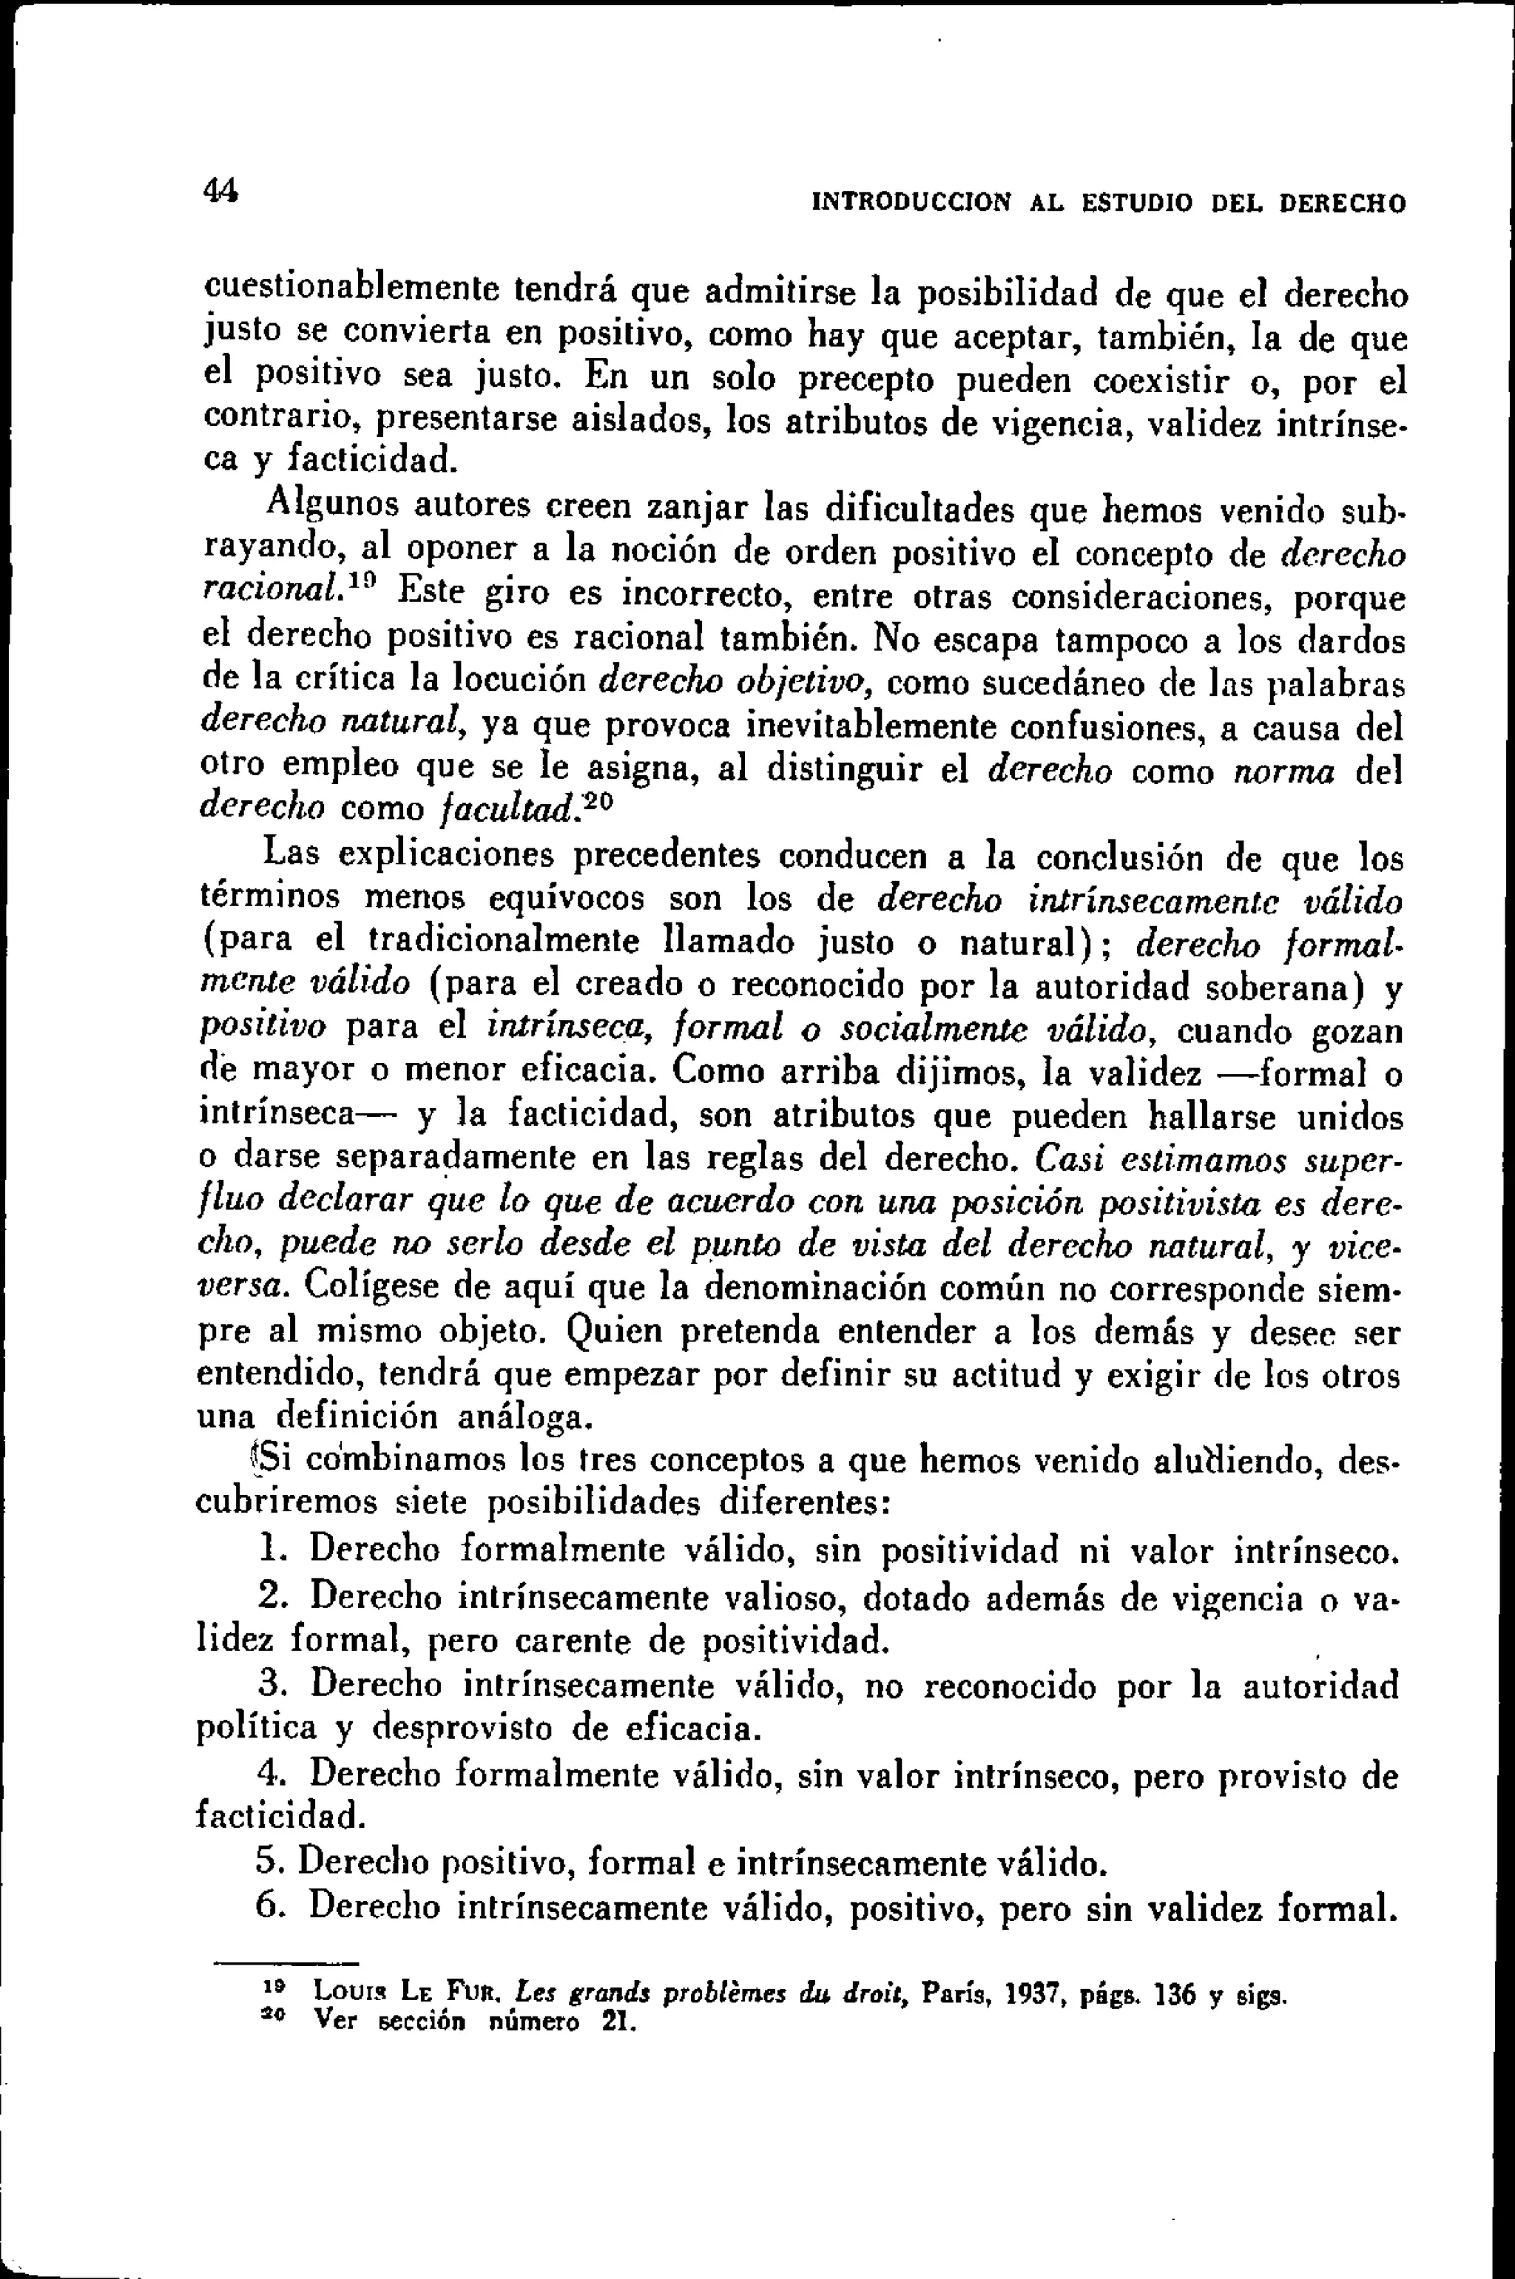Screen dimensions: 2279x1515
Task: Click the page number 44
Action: pyautogui.click(x=221, y=189)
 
